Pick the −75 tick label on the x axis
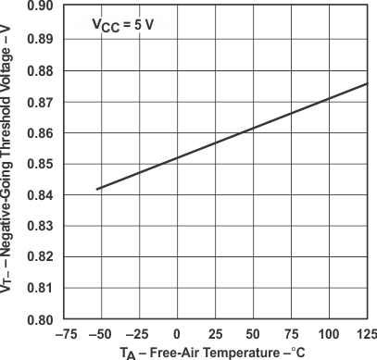(62, 332)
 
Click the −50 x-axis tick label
(100, 332)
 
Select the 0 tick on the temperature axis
(177, 332)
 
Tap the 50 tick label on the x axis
(254, 332)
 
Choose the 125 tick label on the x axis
(366, 332)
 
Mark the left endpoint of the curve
(95, 189)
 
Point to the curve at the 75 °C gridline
(292, 113)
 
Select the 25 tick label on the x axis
(215, 332)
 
